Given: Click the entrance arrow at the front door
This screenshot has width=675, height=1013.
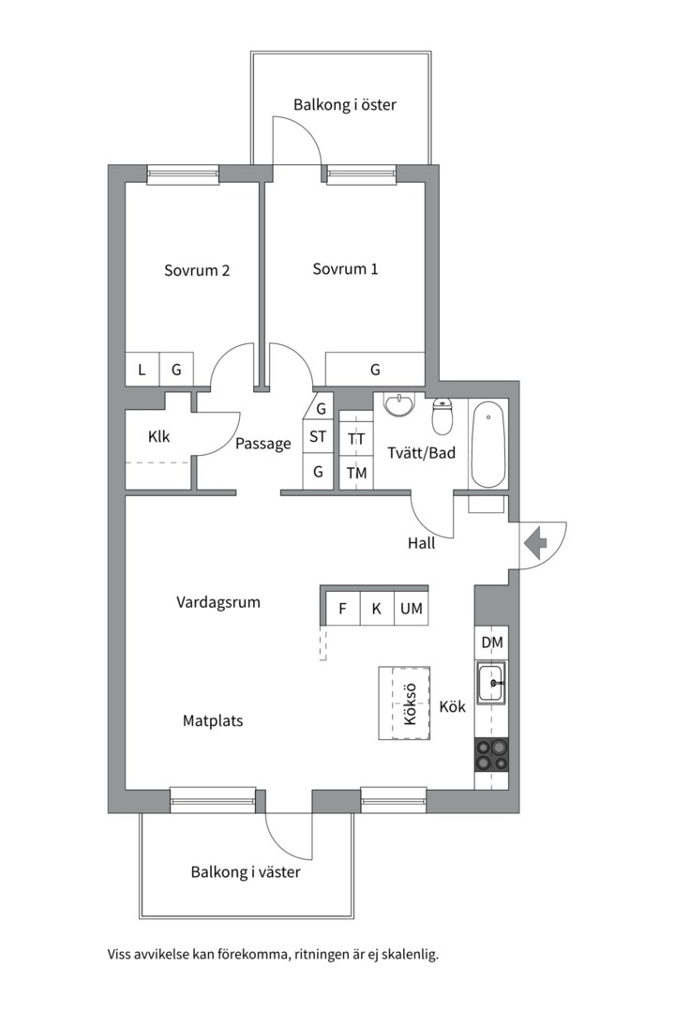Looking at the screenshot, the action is [534, 543].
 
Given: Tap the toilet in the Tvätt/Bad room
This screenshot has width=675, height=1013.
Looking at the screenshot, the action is [442, 416].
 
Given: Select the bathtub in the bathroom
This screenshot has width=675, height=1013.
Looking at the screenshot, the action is [487, 445].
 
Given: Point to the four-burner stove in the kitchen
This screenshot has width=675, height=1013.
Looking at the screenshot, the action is [491, 754].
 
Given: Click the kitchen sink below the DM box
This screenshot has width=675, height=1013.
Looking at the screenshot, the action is [492, 682].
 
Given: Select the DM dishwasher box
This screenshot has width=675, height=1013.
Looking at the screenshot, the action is [492, 643].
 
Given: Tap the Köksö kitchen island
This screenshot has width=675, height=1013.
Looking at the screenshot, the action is [404, 703].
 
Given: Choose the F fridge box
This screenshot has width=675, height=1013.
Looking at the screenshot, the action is [342, 608].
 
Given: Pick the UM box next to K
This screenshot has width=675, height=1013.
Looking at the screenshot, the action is [412, 608].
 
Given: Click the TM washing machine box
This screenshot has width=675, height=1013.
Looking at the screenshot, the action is [356, 473].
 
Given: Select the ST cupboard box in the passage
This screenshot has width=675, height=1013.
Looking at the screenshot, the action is [318, 437].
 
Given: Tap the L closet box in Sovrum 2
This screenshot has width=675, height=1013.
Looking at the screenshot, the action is [142, 370].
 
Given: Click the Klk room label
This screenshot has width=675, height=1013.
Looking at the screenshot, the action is [158, 437].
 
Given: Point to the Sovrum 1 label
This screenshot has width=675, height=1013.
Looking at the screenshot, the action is [345, 269].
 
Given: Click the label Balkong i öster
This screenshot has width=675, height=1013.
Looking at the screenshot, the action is [344, 105].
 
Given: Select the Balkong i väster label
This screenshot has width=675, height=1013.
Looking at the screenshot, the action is [246, 872].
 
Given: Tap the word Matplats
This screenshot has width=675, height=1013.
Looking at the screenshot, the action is [213, 720].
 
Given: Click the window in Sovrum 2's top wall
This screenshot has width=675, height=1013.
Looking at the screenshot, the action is [183, 174].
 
